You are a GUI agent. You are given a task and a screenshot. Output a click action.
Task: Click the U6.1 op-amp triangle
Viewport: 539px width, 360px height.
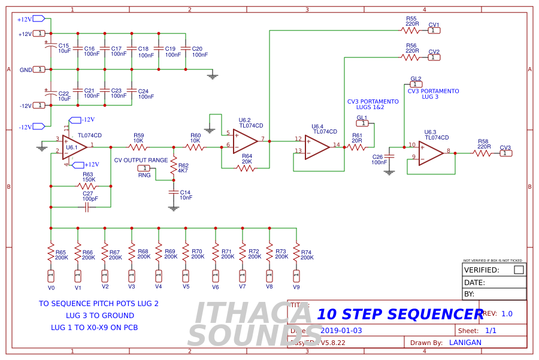74,147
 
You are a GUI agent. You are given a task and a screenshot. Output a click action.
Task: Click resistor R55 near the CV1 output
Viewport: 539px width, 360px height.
410,30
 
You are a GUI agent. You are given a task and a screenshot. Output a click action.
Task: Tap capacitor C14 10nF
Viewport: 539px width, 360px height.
174,192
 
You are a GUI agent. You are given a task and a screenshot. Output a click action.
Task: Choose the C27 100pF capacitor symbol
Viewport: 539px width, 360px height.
87,207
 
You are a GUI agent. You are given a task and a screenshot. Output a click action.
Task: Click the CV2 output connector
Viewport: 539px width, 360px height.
434,58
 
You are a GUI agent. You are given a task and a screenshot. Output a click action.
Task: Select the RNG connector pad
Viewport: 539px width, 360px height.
144,168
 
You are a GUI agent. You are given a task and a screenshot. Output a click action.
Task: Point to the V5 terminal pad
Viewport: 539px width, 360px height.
186,276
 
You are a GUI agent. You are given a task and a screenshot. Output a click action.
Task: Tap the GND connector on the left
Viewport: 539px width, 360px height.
39,69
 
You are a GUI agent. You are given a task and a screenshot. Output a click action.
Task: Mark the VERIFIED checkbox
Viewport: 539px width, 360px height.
519,270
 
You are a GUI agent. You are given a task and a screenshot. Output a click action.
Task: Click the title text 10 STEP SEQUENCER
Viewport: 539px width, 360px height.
399,314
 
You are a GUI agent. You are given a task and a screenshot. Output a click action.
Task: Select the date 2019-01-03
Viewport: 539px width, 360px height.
341,330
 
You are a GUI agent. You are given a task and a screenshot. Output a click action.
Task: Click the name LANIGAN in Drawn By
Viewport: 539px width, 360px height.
465,343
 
